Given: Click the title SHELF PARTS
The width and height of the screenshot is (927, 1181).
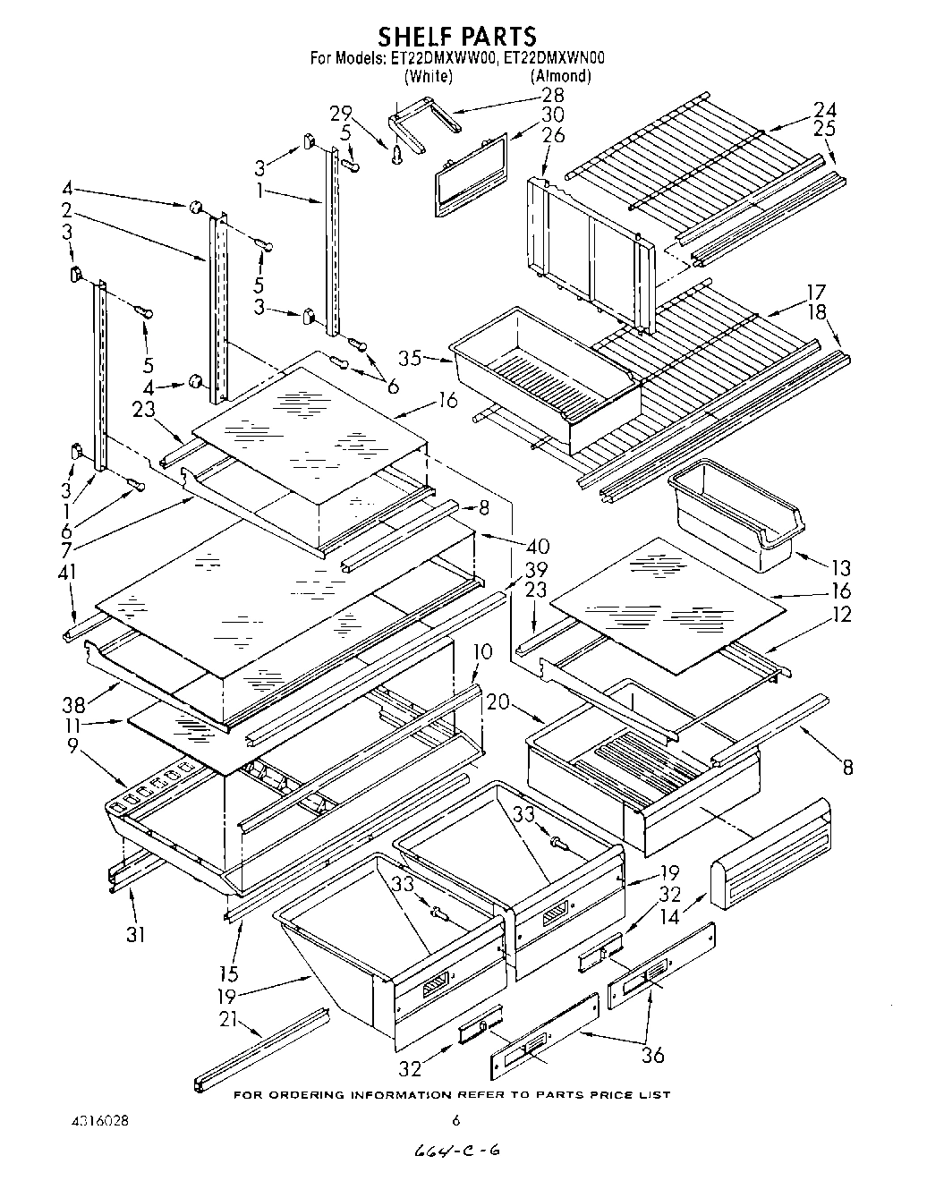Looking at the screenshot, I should click(x=456, y=37).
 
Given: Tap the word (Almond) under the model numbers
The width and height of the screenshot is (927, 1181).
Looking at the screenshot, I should click(x=560, y=77).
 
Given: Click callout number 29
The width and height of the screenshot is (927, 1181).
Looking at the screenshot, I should click(x=341, y=113).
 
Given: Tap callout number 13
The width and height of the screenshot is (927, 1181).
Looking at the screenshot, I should click(x=840, y=568).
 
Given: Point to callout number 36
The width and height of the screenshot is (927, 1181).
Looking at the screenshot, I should click(x=653, y=1055).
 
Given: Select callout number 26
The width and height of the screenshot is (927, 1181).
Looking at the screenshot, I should click(x=554, y=135).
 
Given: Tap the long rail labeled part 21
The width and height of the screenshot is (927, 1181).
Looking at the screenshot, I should click(x=260, y=1049).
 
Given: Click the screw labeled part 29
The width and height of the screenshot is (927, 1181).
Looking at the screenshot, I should click(x=396, y=155).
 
